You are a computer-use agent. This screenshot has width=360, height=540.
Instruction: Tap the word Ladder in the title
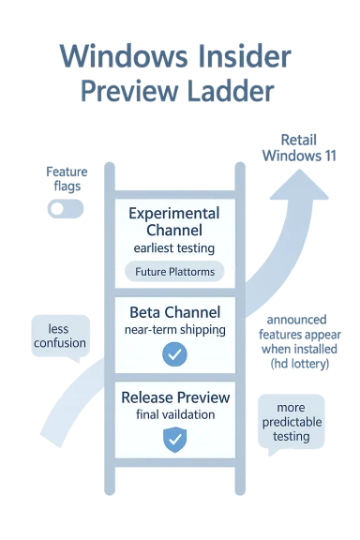coord(230,90)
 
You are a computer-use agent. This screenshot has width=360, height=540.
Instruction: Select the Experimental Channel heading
coord(175,221)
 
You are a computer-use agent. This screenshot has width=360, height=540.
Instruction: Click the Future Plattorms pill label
coord(175,273)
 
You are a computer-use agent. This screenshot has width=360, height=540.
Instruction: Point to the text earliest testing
coord(175,248)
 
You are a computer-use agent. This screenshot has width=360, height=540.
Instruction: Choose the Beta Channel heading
coord(175,311)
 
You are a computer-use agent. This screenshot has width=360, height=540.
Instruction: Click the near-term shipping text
coord(175,330)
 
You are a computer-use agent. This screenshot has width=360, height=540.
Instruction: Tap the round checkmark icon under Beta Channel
coord(175,354)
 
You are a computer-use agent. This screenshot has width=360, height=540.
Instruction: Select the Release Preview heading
coord(175,397)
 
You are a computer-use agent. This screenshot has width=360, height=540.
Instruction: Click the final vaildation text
coord(175,416)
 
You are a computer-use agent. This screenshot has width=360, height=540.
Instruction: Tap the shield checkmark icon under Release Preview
coord(175,439)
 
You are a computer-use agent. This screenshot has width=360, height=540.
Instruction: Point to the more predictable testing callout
coord(297,423)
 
